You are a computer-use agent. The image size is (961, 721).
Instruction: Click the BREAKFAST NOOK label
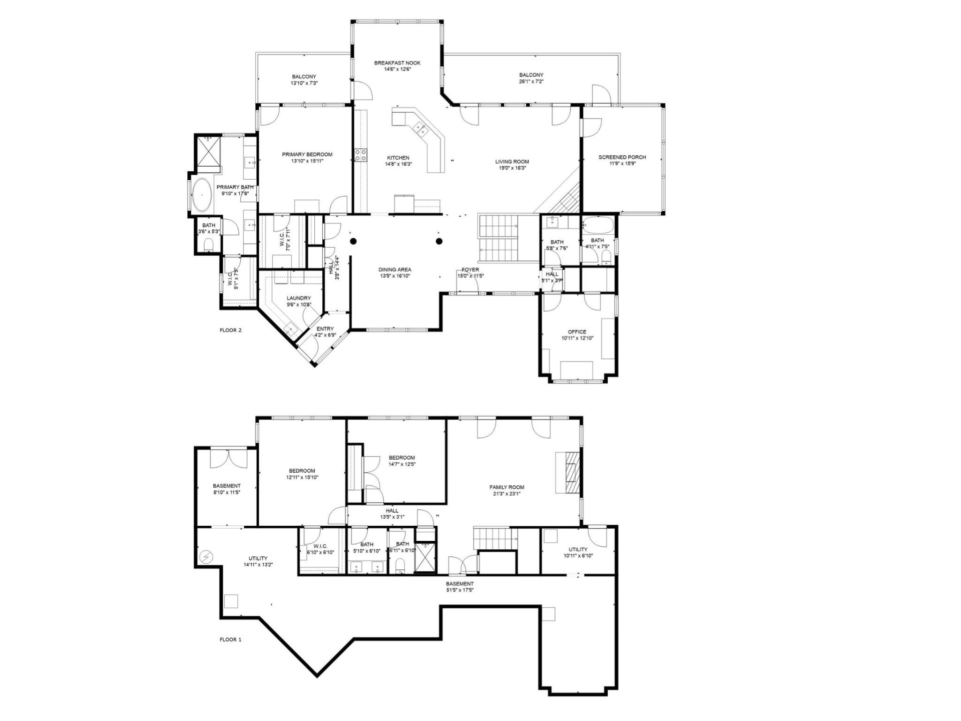click(397, 63)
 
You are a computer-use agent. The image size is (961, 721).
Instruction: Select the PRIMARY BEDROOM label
click(307, 155)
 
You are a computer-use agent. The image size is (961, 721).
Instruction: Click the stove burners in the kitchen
click(360, 155)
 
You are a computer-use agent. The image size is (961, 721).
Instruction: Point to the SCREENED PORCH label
click(622, 157)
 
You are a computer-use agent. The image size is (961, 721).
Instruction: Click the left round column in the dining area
click(353, 241)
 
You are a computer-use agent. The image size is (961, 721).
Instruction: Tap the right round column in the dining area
click(439, 241)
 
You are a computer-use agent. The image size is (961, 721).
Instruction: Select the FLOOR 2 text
click(231, 330)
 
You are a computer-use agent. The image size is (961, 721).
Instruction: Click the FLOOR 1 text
click(231, 639)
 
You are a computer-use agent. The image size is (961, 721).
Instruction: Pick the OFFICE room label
click(577, 332)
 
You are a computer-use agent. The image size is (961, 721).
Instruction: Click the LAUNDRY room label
click(299, 298)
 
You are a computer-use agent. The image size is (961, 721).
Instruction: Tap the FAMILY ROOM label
click(507, 487)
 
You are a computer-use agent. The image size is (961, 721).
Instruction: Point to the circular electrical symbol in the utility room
click(206, 557)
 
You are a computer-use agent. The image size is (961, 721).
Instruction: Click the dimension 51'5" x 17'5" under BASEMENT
click(459, 590)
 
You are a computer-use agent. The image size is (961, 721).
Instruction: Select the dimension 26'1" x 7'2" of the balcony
click(531, 82)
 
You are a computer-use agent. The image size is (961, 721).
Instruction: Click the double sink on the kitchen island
click(420, 130)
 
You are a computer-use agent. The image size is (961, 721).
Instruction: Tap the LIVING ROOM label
click(512, 162)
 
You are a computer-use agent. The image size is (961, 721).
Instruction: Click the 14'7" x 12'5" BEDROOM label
click(402, 458)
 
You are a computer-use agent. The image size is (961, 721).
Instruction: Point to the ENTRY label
click(325, 329)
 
